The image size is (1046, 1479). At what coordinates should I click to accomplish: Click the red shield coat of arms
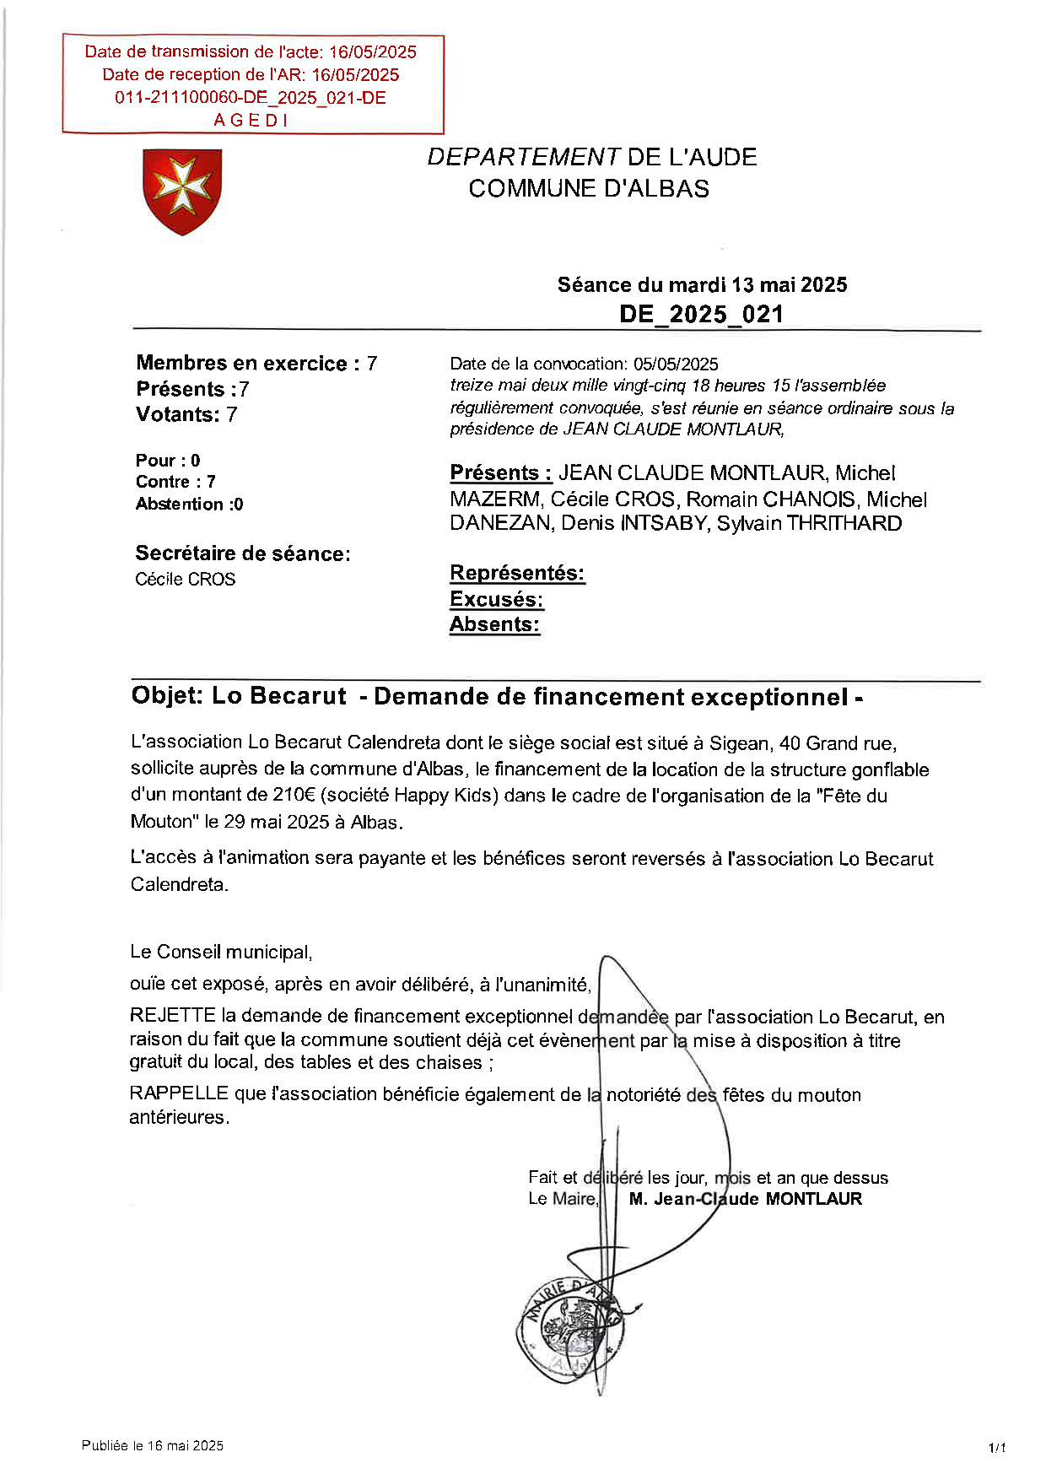(x=182, y=192)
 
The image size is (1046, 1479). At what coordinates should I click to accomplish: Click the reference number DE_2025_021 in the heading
(x=701, y=315)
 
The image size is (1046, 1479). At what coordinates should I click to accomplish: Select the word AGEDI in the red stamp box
(x=251, y=121)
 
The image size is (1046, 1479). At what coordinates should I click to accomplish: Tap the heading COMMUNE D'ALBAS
(x=589, y=188)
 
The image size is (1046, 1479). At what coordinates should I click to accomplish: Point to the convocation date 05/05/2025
(x=676, y=364)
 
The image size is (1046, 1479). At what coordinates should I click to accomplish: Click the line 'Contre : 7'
(x=175, y=482)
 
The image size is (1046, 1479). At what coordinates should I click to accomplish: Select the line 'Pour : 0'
(x=168, y=461)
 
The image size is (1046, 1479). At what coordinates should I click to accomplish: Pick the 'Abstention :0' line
(x=189, y=505)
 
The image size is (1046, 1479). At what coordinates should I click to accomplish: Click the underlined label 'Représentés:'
(x=517, y=573)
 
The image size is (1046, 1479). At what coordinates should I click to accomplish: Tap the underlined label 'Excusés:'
(x=496, y=599)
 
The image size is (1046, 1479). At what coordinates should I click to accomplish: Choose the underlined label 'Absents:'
(x=494, y=624)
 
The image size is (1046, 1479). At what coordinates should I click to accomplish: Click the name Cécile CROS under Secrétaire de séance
(x=185, y=580)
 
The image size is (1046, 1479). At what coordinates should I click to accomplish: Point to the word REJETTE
(x=172, y=1016)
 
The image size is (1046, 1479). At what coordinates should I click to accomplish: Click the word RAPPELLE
(x=179, y=1093)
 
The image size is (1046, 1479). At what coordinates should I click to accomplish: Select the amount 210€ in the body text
(x=294, y=795)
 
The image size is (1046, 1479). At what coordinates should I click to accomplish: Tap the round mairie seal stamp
(x=570, y=1329)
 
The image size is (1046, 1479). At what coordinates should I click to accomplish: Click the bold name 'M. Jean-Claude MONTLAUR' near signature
(x=745, y=1199)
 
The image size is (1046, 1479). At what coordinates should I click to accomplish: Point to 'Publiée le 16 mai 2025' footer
(x=153, y=1445)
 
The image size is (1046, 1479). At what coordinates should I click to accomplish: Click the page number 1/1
(x=996, y=1448)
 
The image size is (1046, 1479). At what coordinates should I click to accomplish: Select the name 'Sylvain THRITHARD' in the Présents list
(x=809, y=523)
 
